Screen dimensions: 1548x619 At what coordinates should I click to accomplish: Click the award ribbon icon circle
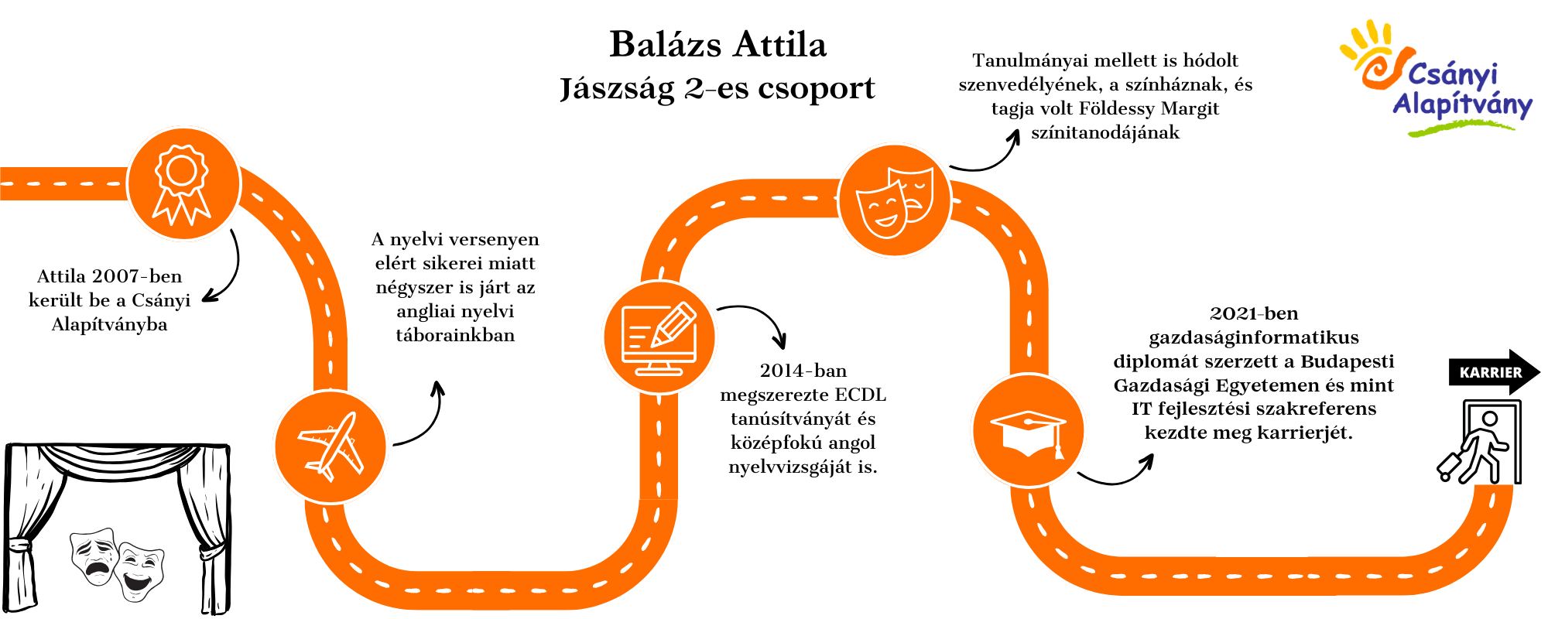(x=183, y=184)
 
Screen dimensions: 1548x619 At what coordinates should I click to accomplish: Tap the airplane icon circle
(x=330, y=447)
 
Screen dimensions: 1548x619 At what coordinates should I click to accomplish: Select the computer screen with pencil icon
(x=659, y=337)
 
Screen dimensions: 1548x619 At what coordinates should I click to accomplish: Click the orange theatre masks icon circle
(x=895, y=200)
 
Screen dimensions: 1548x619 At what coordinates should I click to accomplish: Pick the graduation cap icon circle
(x=1029, y=430)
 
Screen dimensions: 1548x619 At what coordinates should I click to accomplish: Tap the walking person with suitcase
(x=1474, y=446)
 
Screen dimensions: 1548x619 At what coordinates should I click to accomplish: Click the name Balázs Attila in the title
(x=717, y=44)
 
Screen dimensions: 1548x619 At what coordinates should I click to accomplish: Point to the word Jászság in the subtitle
(x=617, y=88)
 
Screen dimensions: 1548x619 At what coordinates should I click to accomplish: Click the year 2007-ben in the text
(x=136, y=276)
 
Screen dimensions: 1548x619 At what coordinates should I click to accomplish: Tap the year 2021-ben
(x=1254, y=313)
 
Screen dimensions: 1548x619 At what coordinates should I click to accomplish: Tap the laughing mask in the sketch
(x=139, y=571)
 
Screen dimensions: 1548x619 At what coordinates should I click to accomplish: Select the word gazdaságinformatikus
(x=1254, y=337)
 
